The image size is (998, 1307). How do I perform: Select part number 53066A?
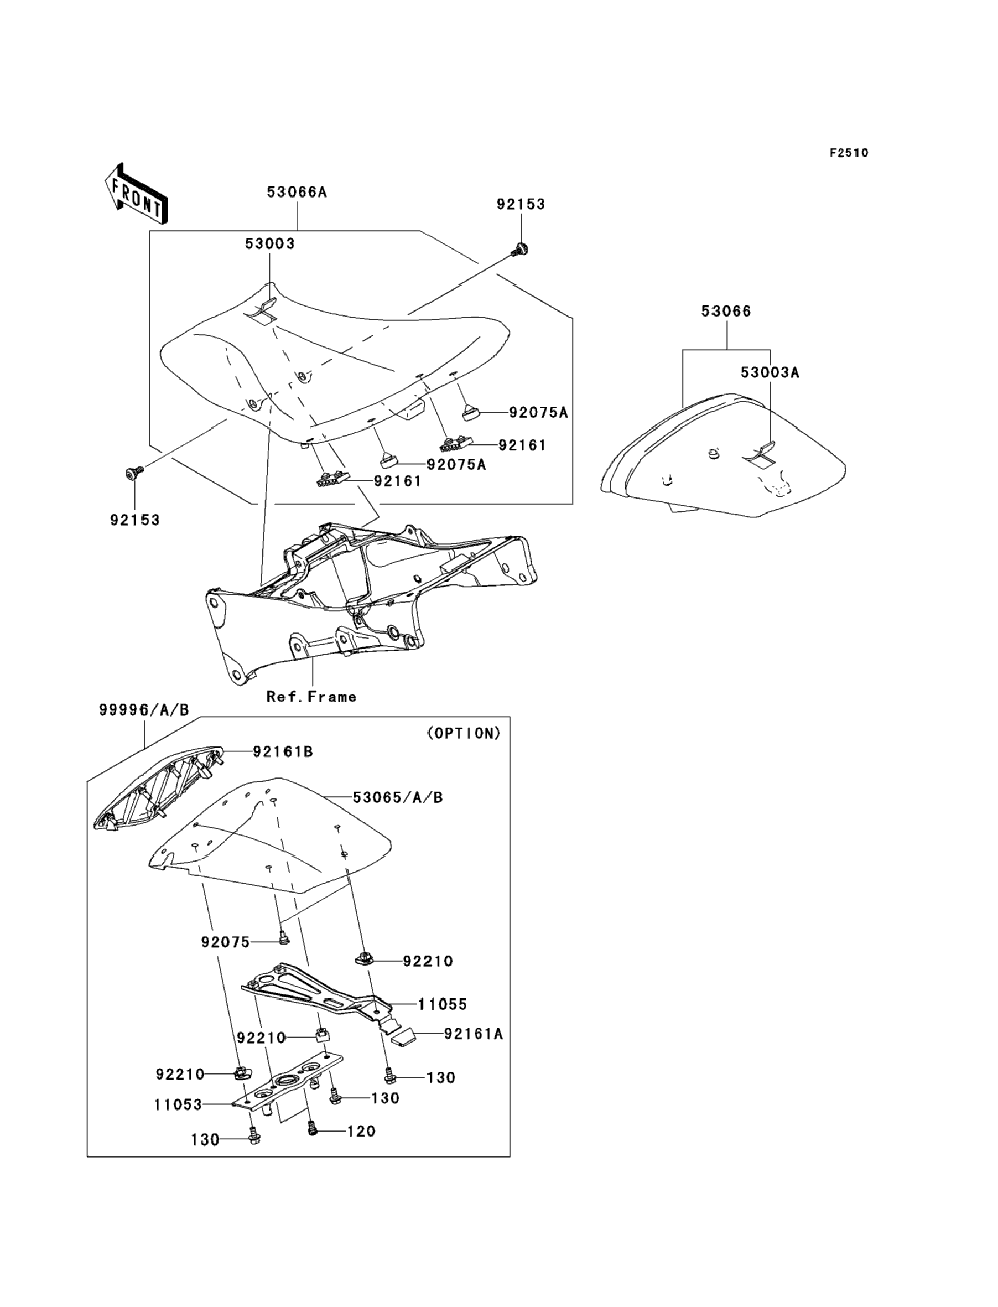[297, 192]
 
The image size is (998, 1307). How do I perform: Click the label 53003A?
[770, 372]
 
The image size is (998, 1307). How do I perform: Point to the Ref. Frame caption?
[311, 697]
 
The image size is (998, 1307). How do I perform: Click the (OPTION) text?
[464, 734]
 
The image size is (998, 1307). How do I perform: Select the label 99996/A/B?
[144, 710]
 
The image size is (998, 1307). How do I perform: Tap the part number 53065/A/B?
[397, 797]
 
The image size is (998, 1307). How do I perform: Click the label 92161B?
[283, 751]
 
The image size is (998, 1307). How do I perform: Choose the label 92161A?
[474, 1034]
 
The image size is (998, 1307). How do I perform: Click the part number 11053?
[178, 1104]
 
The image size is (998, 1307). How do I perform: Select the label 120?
[361, 1131]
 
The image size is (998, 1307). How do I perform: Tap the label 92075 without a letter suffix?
[225, 942]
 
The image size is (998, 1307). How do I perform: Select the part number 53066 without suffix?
[726, 311]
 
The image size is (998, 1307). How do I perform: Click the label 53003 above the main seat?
[270, 243]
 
